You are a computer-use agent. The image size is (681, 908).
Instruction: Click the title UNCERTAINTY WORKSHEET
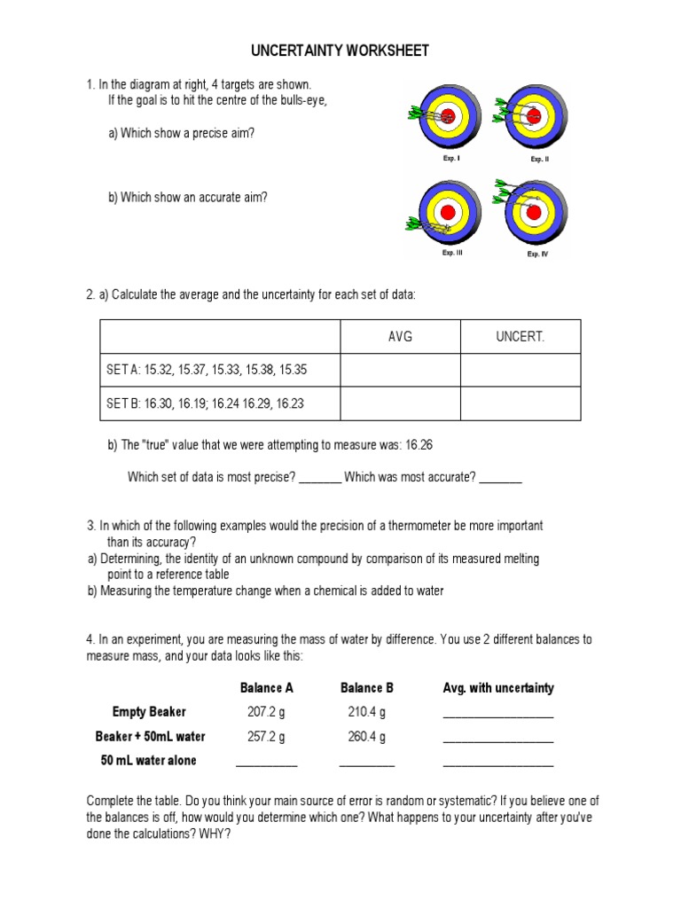[340, 51]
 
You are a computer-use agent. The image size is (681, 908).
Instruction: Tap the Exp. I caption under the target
[451, 158]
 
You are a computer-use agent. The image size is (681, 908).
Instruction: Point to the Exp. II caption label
[540, 159]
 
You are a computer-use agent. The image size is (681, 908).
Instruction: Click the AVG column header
[400, 337]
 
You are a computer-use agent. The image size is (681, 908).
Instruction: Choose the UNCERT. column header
[521, 337]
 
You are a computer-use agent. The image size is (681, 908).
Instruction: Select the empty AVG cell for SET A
[400, 370]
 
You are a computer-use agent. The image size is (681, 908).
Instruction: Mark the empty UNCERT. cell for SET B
[521, 403]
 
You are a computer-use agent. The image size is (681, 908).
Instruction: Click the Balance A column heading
[266, 688]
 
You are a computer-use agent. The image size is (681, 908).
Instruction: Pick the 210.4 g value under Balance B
[366, 712]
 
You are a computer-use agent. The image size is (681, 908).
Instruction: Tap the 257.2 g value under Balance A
[266, 737]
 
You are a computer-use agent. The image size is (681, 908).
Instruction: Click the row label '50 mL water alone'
[149, 761]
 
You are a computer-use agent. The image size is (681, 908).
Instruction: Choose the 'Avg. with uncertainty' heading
[497, 688]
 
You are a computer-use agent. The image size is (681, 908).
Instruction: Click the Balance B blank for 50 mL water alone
[366, 763]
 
